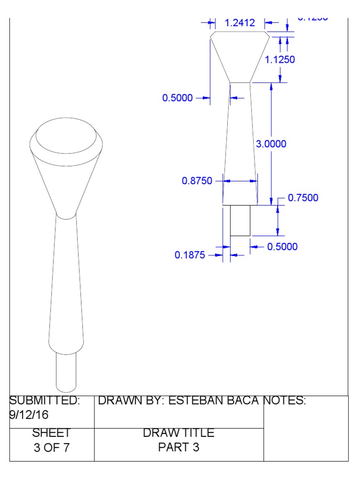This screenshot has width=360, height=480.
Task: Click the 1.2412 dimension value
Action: tap(240, 22)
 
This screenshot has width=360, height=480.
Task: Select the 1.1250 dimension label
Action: tap(280, 60)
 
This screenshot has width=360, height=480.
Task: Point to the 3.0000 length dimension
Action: tap(271, 144)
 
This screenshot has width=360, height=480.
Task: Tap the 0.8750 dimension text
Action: tap(197, 180)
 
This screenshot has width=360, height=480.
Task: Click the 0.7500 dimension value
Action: tap(303, 198)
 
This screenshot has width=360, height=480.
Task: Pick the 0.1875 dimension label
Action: tap(190, 255)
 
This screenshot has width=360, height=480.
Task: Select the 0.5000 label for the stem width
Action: tap(282, 247)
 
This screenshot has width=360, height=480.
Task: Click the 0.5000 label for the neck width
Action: tap(177, 98)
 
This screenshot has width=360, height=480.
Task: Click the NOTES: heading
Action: tap(285, 401)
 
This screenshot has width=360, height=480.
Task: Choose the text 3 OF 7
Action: tap(52, 447)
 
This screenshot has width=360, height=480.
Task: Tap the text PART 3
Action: tap(179, 447)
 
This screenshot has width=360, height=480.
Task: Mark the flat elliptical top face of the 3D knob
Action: tap(66, 136)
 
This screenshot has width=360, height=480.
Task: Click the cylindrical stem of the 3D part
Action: tap(66, 373)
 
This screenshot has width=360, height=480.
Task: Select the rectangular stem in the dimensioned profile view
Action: tap(240, 220)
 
